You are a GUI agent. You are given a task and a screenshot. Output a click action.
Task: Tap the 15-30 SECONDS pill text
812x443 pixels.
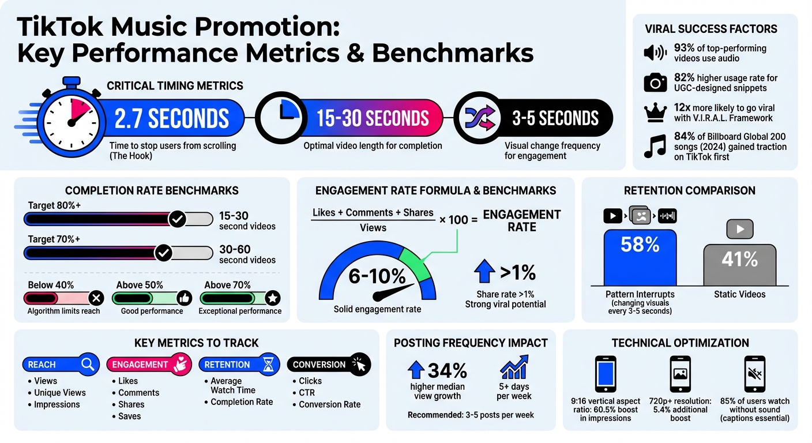pos(373,118)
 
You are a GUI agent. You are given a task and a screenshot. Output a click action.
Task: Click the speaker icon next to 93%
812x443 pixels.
pos(655,54)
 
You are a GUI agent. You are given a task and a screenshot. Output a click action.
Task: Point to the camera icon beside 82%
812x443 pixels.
pos(655,83)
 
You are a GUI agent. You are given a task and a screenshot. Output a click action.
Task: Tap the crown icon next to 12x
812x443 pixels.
pos(655,113)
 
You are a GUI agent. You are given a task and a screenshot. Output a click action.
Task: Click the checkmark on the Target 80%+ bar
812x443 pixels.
pos(177,219)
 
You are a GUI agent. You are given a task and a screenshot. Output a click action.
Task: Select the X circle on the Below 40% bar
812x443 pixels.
pos(96,298)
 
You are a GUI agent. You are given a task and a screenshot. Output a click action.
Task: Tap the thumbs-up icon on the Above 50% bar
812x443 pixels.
pos(184,298)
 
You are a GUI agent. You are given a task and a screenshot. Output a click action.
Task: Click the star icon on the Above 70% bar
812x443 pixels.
pos(273,298)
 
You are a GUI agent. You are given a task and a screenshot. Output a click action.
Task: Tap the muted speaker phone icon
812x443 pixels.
pos(754,374)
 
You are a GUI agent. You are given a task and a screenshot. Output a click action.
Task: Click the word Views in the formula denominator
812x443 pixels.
pos(373,228)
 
